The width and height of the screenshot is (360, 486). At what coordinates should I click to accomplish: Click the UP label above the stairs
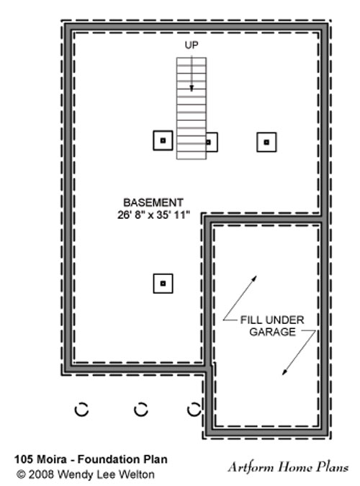click(192, 45)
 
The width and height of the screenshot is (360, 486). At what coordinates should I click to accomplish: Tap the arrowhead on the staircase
click(192, 89)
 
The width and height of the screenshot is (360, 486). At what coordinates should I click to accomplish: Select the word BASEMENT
click(153, 202)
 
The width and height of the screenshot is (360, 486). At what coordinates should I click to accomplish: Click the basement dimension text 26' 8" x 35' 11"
click(153, 215)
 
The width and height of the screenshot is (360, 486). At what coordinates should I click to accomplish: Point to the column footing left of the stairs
click(163, 140)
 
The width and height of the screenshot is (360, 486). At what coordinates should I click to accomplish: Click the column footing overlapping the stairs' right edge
click(212, 143)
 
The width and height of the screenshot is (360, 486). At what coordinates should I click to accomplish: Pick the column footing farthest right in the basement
click(266, 143)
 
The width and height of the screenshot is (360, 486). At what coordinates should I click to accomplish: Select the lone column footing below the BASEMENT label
click(163, 283)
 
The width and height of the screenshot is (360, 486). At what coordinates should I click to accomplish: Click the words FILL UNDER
click(272, 320)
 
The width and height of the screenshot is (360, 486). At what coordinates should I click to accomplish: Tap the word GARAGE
click(273, 332)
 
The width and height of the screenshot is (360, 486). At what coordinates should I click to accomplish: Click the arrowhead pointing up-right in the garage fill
click(254, 279)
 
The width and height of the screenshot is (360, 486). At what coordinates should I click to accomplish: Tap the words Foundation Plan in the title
click(122, 459)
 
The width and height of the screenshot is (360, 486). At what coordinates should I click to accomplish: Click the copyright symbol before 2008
click(21, 474)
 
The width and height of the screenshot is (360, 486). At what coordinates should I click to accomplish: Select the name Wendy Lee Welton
click(106, 474)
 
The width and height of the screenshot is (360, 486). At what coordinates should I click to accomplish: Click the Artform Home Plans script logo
click(289, 467)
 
